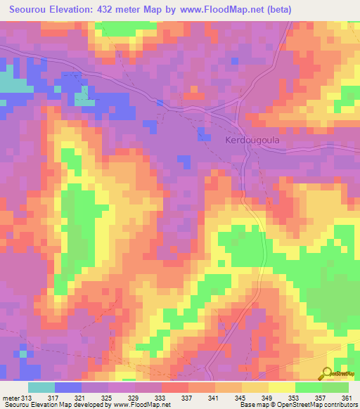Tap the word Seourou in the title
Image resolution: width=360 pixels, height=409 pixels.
point(30,9)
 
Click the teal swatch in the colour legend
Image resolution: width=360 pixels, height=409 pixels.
point(41,388)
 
